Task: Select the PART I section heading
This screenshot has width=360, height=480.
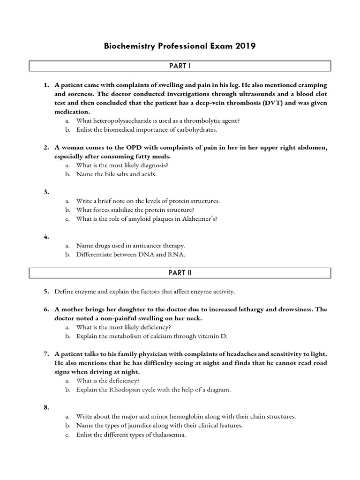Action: [x=180, y=66]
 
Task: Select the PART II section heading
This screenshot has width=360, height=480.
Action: [x=180, y=273]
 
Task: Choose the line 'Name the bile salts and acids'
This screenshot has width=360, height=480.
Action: [x=116, y=174]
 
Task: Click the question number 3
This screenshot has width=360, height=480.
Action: [x=46, y=192]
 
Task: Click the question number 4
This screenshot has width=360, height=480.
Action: [x=46, y=237]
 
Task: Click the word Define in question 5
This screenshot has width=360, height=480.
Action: [x=64, y=291]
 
